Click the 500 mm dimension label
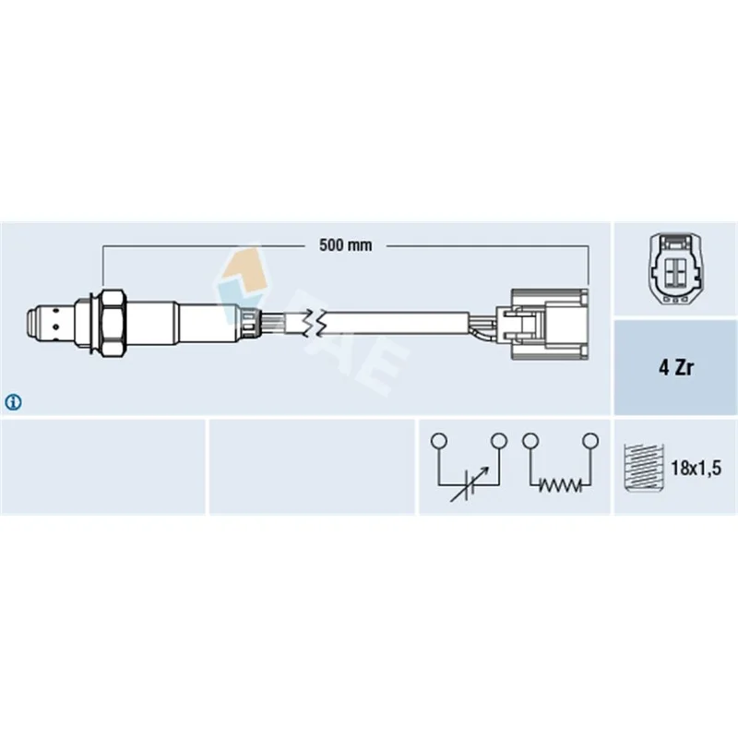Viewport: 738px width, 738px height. pos(345,245)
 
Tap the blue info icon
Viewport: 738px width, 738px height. pos(13,402)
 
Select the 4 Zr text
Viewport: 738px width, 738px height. pos(675,367)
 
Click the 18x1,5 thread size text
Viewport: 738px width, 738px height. pos(696,468)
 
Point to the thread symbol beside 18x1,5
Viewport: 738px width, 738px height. pos(643,468)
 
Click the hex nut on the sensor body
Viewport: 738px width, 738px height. pos(113,325)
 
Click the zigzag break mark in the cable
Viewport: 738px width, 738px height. pos(314,323)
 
